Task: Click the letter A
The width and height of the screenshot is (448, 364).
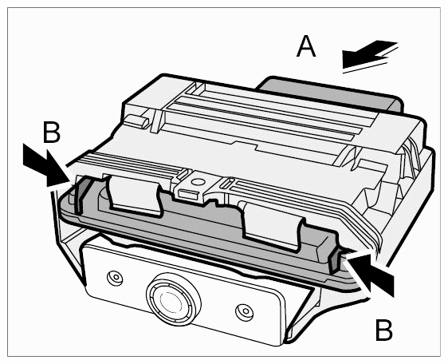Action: pyautogui.click(x=306, y=47)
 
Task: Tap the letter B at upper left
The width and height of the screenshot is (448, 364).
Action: pyautogui.click(x=52, y=132)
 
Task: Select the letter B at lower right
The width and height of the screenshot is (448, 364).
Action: pyautogui.click(x=383, y=330)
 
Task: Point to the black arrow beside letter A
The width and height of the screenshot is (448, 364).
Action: pyautogui.click(x=368, y=55)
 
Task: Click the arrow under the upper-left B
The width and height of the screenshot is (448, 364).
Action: pyautogui.click(x=45, y=166)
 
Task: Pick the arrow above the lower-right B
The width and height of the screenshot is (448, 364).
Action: pyautogui.click(x=370, y=272)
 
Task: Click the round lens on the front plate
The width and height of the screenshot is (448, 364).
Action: pyautogui.click(x=172, y=299)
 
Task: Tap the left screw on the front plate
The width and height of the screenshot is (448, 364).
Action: pyautogui.click(x=115, y=277)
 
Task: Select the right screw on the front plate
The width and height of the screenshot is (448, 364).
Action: pyautogui.click(x=245, y=311)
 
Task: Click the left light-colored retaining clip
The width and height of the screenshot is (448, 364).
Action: pyautogui.click(x=133, y=195)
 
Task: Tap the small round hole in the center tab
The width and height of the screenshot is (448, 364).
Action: pyautogui.click(x=198, y=181)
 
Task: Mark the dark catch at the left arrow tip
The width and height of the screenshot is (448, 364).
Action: pyautogui.click(x=80, y=197)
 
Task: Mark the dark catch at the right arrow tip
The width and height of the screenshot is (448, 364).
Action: pyautogui.click(x=334, y=261)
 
